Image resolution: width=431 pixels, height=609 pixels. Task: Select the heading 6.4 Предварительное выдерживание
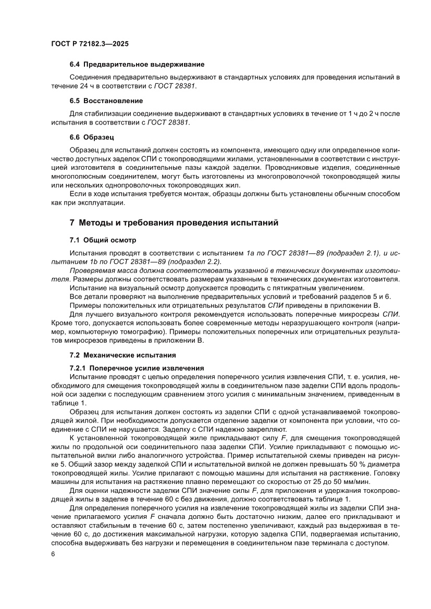(137, 65)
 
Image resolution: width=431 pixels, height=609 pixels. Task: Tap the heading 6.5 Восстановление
(106, 101)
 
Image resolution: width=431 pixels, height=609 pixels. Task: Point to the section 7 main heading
(174, 223)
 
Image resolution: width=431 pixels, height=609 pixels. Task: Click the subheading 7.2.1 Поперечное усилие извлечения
(137, 368)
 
